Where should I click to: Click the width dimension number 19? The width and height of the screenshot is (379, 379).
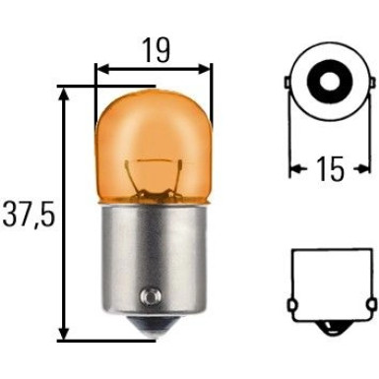(x=154, y=45)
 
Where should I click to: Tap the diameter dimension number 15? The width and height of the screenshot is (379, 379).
(x=331, y=169)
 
